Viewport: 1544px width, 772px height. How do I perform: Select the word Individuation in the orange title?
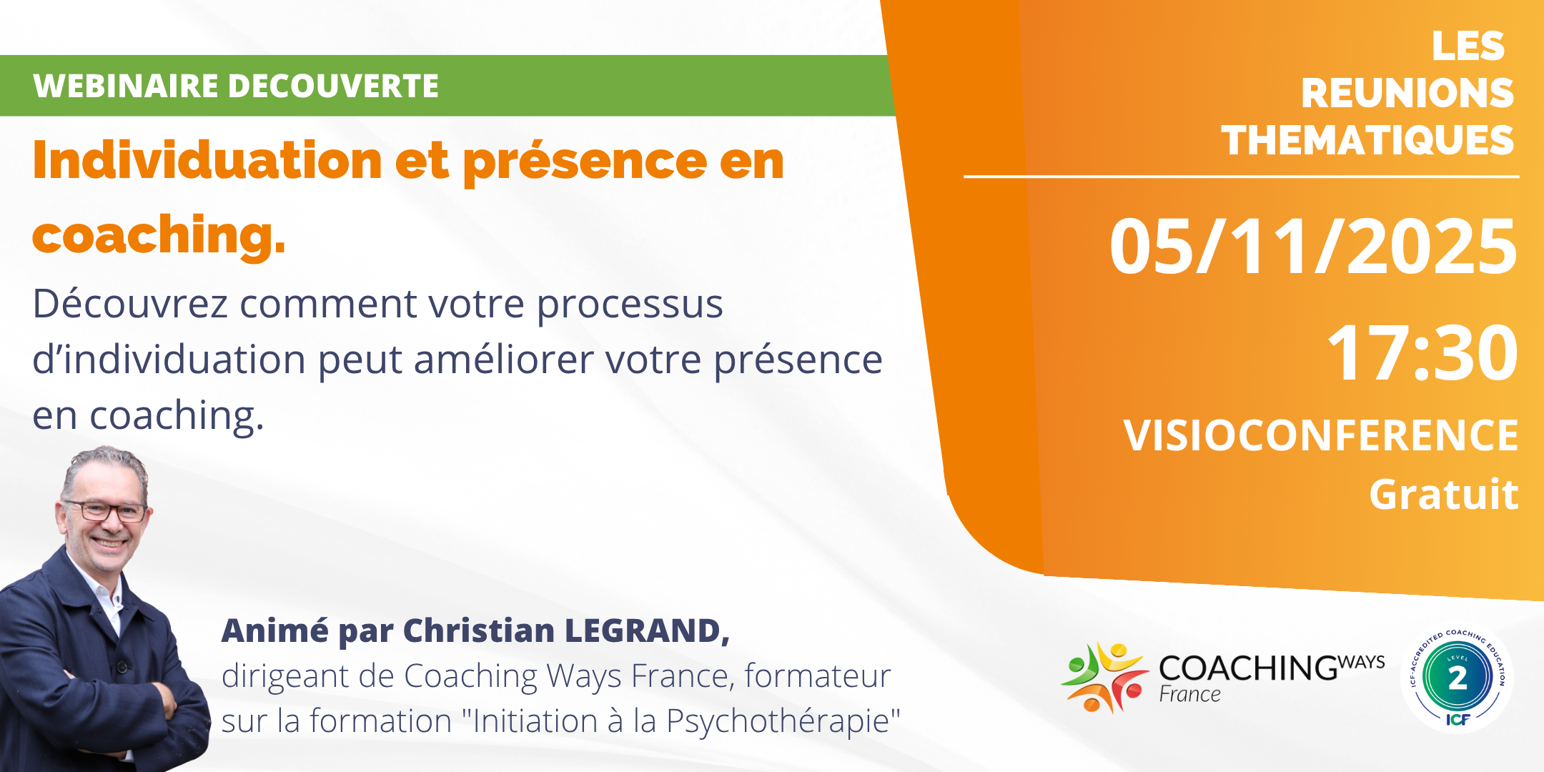207,160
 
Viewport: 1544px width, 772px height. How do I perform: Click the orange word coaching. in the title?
159,235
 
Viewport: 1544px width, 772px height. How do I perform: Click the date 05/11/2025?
1312,247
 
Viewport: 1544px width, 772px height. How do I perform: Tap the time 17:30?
1422,353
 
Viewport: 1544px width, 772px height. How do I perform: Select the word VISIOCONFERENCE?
1320,435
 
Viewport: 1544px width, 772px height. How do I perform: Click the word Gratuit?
1443,495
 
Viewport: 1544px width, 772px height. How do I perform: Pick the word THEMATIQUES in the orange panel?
1367,140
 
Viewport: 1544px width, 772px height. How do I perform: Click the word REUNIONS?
1407,93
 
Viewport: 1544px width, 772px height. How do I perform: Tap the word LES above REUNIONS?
1468,46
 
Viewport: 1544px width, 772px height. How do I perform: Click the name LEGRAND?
646,630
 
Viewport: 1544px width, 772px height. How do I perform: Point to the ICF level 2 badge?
1457,677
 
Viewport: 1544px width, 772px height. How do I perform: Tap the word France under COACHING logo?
1189,694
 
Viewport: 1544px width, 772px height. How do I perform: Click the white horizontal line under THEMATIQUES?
1241,176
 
